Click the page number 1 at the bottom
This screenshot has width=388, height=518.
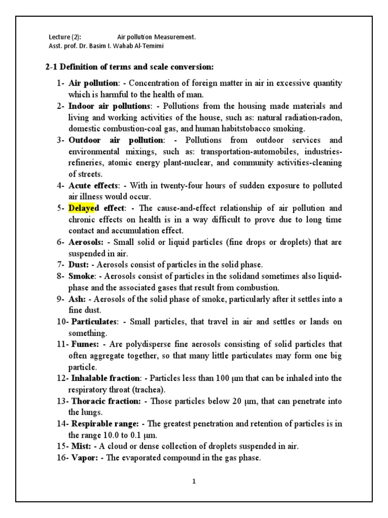point(193,481)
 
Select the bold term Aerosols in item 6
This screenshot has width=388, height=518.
point(85,242)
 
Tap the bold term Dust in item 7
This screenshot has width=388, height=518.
point(78,265)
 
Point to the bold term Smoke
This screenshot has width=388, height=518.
point(81,276)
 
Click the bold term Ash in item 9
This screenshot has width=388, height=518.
point(77,299)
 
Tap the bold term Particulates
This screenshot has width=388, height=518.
point(94,322)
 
